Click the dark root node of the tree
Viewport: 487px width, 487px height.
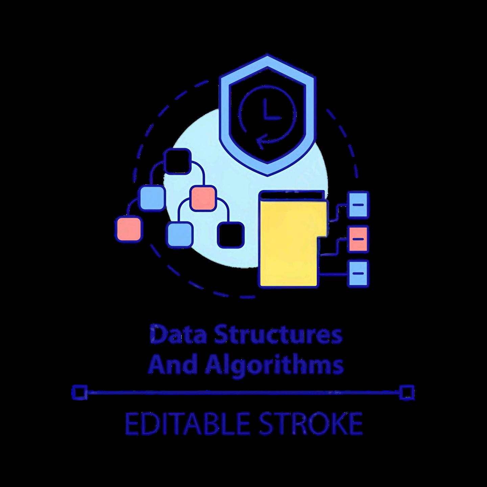coord(178,162)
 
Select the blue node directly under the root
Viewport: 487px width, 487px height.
coord(152,198)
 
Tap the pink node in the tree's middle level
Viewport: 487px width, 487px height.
coord(203,198)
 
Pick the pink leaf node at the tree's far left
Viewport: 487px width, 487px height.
coord(128,229)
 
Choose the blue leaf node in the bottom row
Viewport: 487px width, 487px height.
coord(180,234)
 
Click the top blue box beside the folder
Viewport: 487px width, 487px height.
coord(358,205)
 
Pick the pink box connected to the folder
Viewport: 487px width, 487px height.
coord(358,239)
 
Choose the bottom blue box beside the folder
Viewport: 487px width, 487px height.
coord(358,273)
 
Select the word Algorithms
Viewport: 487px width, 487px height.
coord(272,366)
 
